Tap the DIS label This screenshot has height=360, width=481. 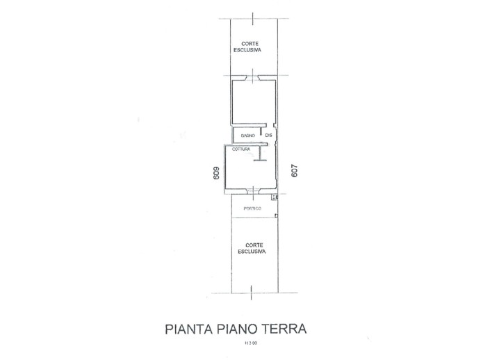click(268, 135)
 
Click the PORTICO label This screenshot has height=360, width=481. click(252, 208)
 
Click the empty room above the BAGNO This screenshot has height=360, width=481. click(254, 105)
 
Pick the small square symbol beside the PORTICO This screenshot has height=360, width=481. click(275, 198)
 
